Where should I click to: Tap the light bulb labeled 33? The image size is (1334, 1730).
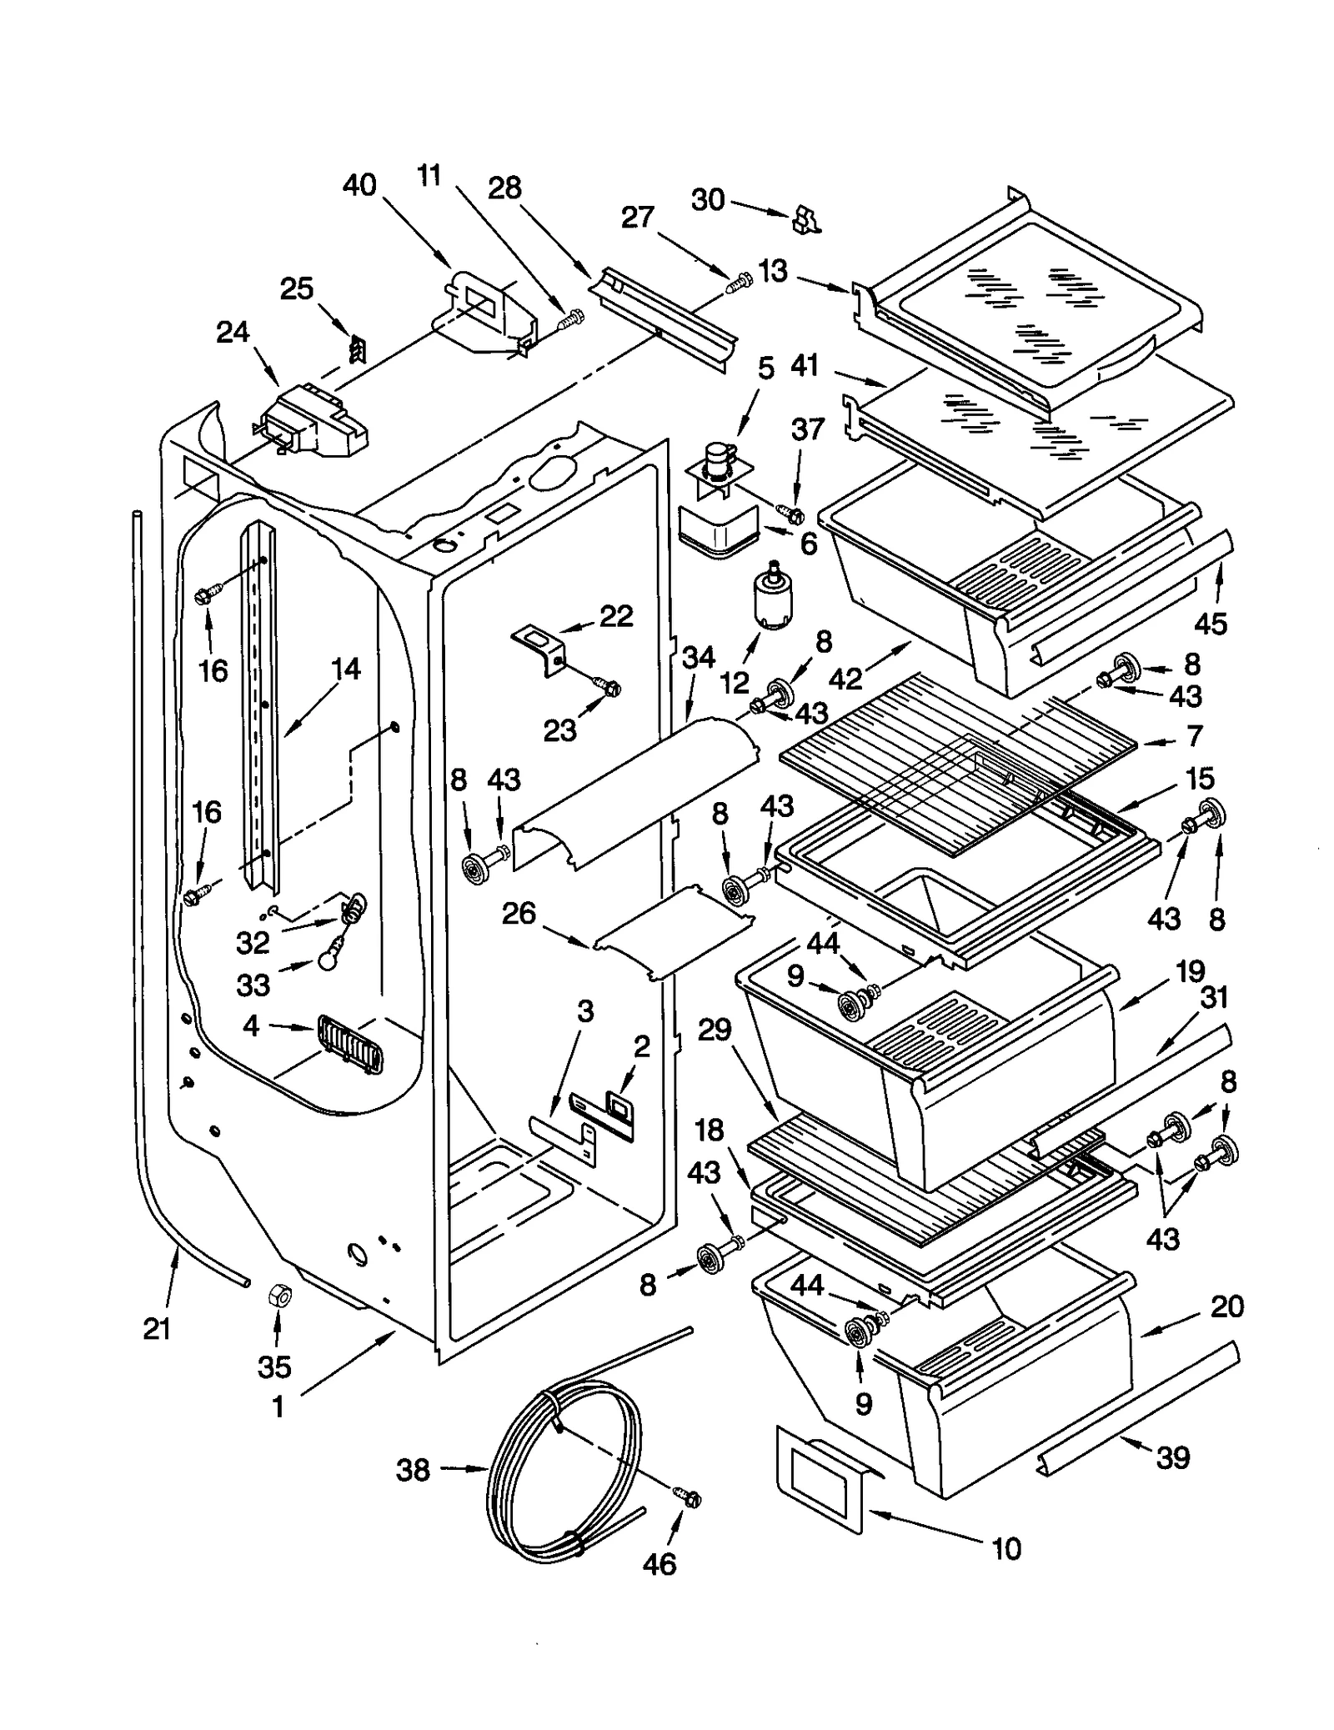pyautogui.click(x=327, y=961)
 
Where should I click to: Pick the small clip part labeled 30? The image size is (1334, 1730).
pyautogui.click(x=805, y=220)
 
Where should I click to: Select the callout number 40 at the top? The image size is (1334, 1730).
pyautogui.click(x=359, y=185)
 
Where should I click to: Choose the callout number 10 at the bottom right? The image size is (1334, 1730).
pyautogui.click(x=1006, y=1549)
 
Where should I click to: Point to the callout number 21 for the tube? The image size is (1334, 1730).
pyautogui.click(x=157, y=1328)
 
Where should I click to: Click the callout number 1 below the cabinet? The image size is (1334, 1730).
pyautogui.click(x=278, y=1407)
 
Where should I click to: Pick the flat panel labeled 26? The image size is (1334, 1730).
pyautogui.click(x=674, y=931)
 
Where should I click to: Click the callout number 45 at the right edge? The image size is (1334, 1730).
pyautogui.click(x=1211, y=623)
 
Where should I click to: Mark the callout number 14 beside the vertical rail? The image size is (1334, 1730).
pyautogui.click(x=344, y=669)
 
